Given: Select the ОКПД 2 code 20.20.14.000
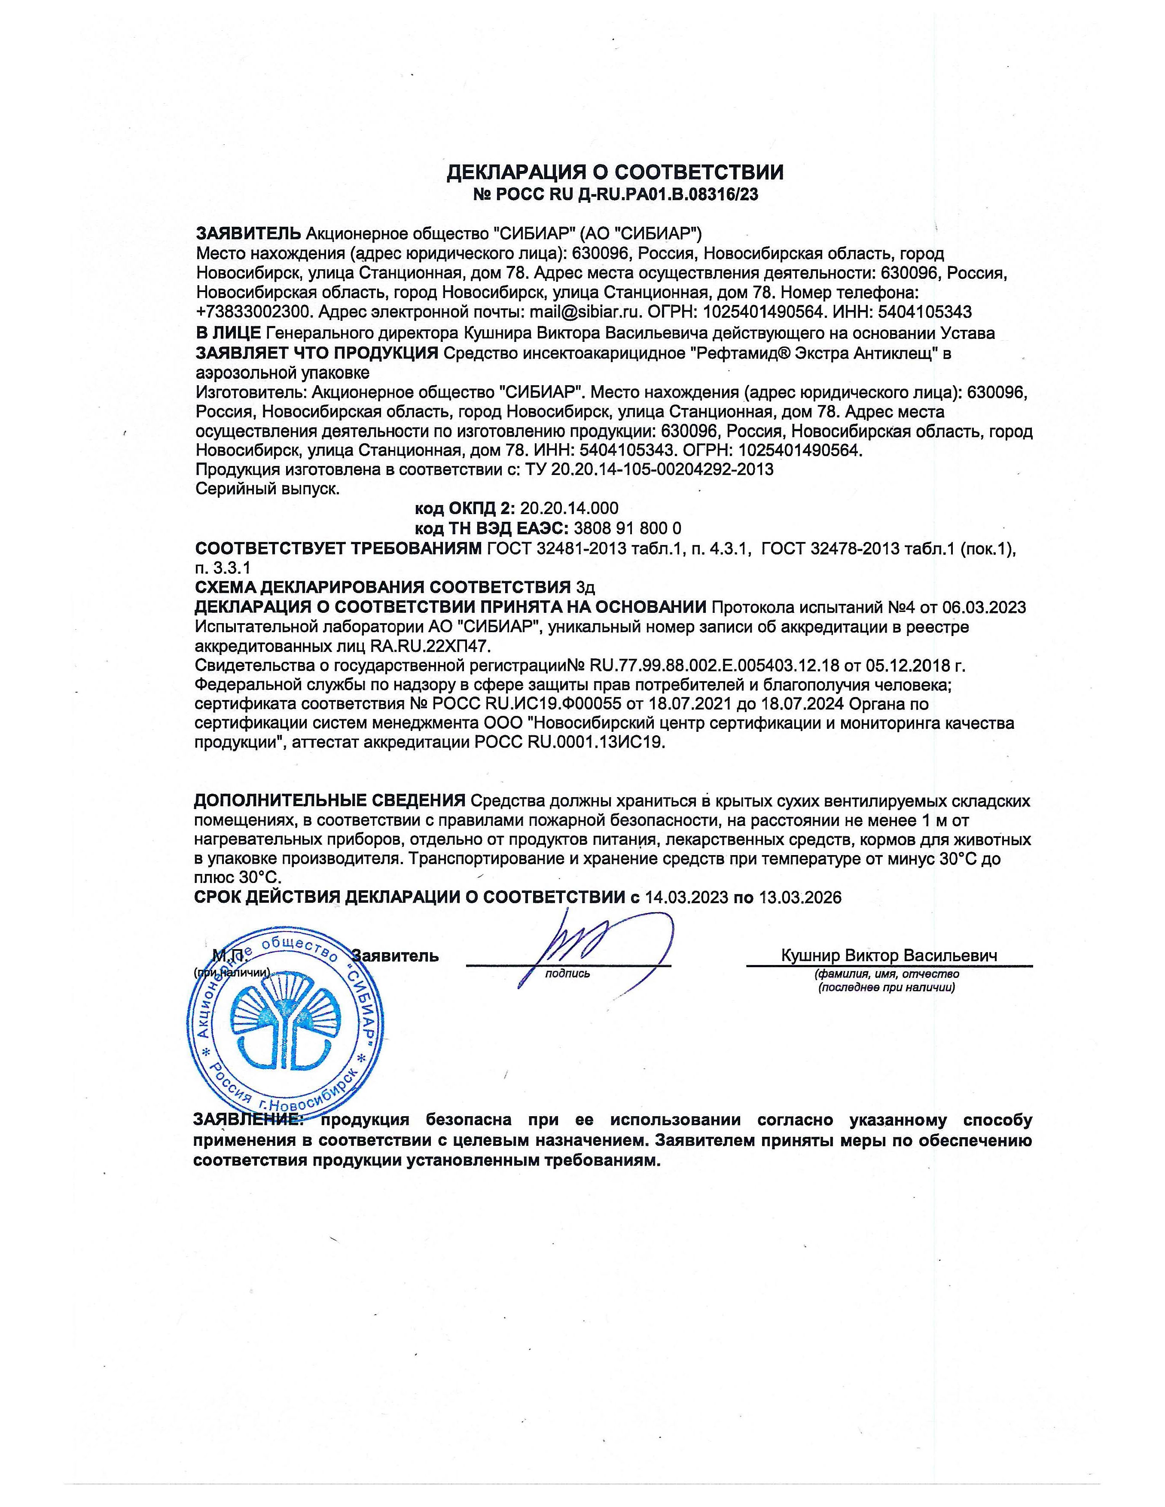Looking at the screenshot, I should click(x=569, y=508).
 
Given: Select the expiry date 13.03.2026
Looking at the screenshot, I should click(x=800, y=898).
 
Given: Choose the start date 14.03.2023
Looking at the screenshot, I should click(x=687, y=898).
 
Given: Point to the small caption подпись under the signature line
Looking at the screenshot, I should click(x=567, y=974).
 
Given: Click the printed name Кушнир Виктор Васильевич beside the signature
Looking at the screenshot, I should click(x=889, y=956).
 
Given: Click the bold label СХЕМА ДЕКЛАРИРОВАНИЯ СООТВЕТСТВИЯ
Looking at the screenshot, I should click(x=383, y=587).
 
